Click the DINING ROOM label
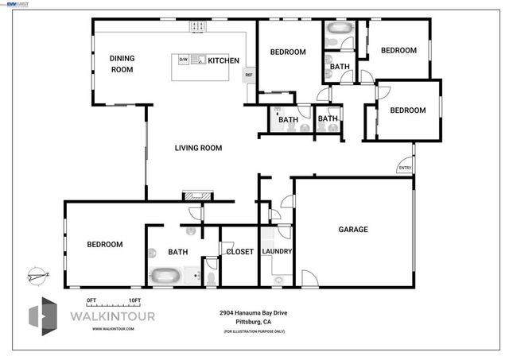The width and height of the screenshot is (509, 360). point(121,64)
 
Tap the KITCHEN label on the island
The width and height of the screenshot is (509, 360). point(223,60)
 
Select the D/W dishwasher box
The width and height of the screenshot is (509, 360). point(183,60)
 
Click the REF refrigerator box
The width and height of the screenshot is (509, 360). point(249,75)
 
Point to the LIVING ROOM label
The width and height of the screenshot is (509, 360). point(198,148)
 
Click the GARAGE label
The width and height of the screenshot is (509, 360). point(353,230)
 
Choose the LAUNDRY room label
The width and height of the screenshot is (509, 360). point(278,252)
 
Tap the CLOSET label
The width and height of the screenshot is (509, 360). point(239,252)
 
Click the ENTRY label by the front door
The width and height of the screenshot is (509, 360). point(404,168)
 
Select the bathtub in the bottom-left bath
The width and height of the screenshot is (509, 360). point(166,277)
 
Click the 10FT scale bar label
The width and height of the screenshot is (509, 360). point(134,300)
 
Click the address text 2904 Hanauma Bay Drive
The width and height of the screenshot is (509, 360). point(253,313)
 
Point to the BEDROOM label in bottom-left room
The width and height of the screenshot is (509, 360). point(105,245)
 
